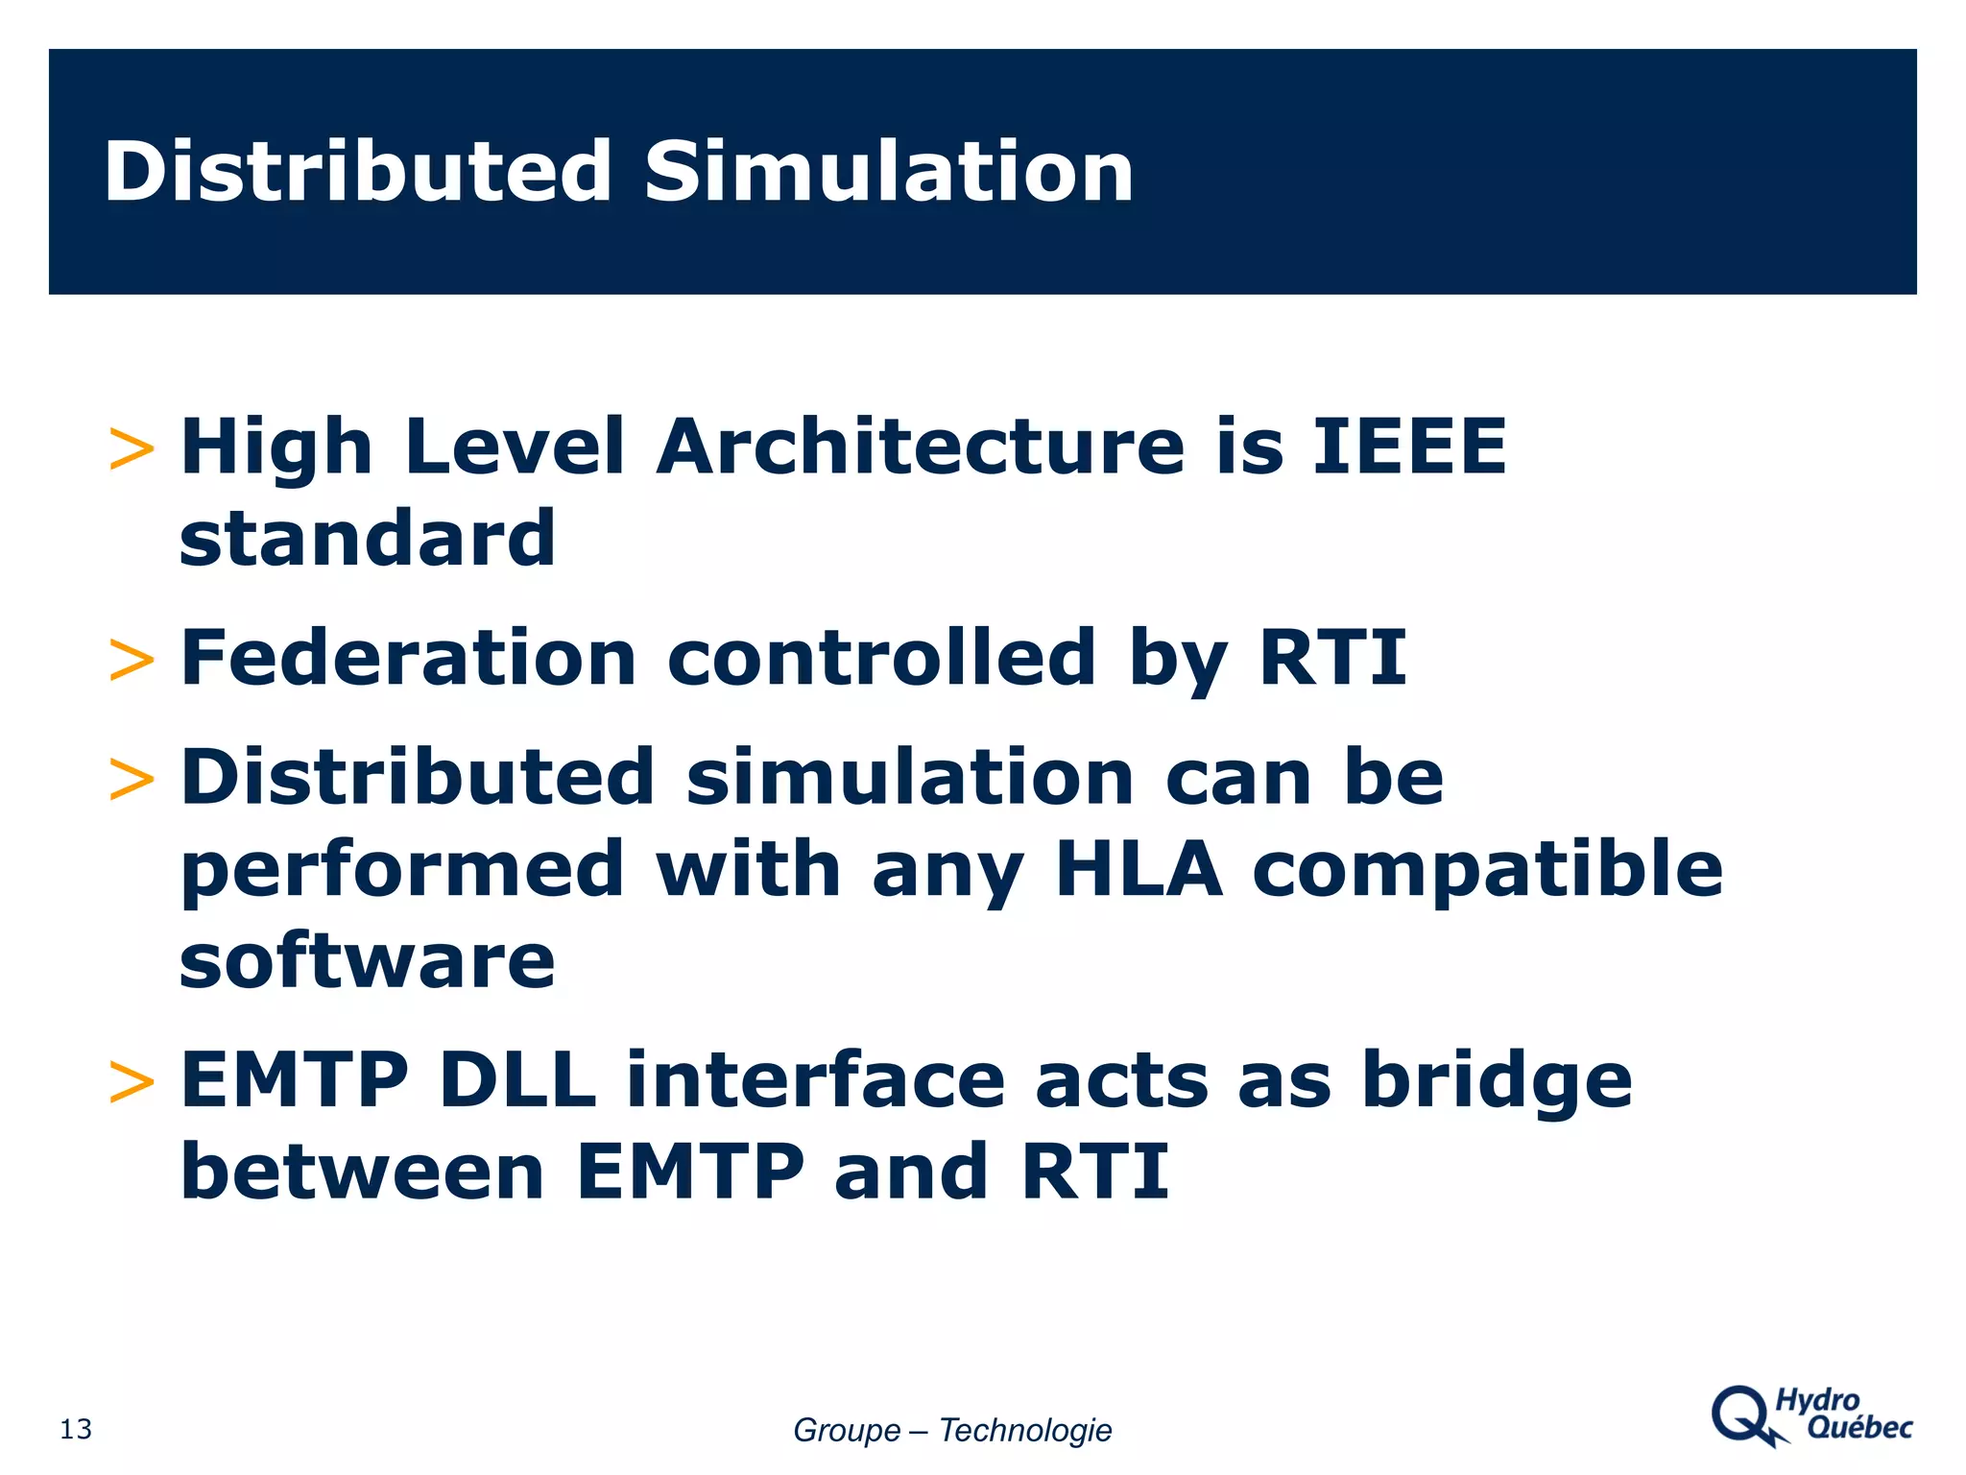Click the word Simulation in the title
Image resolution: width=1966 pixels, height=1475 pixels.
pyautogui.click(x=889, y=173)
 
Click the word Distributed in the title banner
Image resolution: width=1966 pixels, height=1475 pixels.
pyautogui.click(x=357, y=173)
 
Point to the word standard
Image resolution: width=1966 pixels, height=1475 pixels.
pyautogui.click(x=368, y=538)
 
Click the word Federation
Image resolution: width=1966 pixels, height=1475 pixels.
pyautogui.click(x=409, y=658)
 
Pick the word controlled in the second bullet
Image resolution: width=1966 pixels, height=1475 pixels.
pyautogui.click(x=881, y=658)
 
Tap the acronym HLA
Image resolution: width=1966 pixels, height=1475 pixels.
pyautogui.click(x=1139, y=869)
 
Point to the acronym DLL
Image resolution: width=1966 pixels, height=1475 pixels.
pyautogui.click(x=516, y=1080)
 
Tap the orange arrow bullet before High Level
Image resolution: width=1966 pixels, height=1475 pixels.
pyautogui.click(x=132, y=449)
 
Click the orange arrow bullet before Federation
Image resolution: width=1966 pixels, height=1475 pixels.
pyautogui.click(x=132, y=661)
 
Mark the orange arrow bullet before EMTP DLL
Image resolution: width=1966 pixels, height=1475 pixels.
pyautogui.click(x=132, y=1083)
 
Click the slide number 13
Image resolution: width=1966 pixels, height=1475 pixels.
pyautogui.click(x=76, y=1430)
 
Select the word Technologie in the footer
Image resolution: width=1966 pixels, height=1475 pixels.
pyautogui.click(x=1025, y=1431)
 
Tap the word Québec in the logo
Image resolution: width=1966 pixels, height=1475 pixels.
pyautogui.click(x=1859, y=1428)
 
